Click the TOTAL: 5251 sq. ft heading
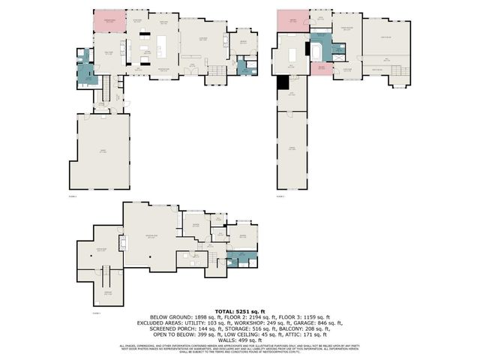tap(239, 310)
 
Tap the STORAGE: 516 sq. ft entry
tap(233, 329)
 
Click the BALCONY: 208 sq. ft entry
tap(298, 329)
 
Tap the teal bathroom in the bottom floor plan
tap(240, 258)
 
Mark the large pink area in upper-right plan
tap(288, 22)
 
